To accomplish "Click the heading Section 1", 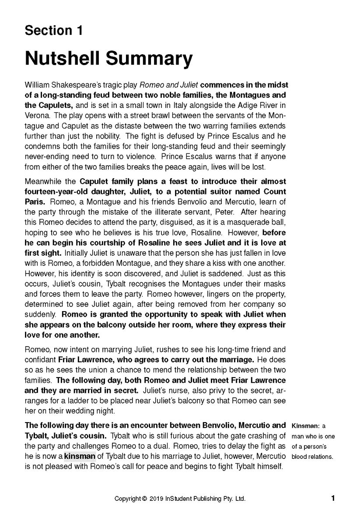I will pyautogui.click(x=54, y=31).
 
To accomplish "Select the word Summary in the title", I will pyautogui.click(x=153, y=59).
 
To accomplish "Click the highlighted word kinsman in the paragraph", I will pyautogui.click(x=80, y=457).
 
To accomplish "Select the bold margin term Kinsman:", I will pyautogui.click(x=306, y=426).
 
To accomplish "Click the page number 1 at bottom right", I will pyautogui.click(x=333, y=498).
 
